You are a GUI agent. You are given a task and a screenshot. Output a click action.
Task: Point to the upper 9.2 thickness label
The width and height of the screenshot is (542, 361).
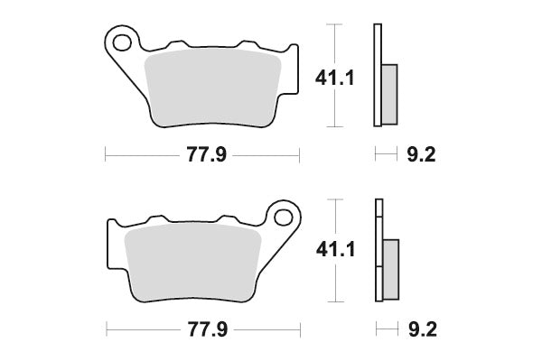pos(421,155)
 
